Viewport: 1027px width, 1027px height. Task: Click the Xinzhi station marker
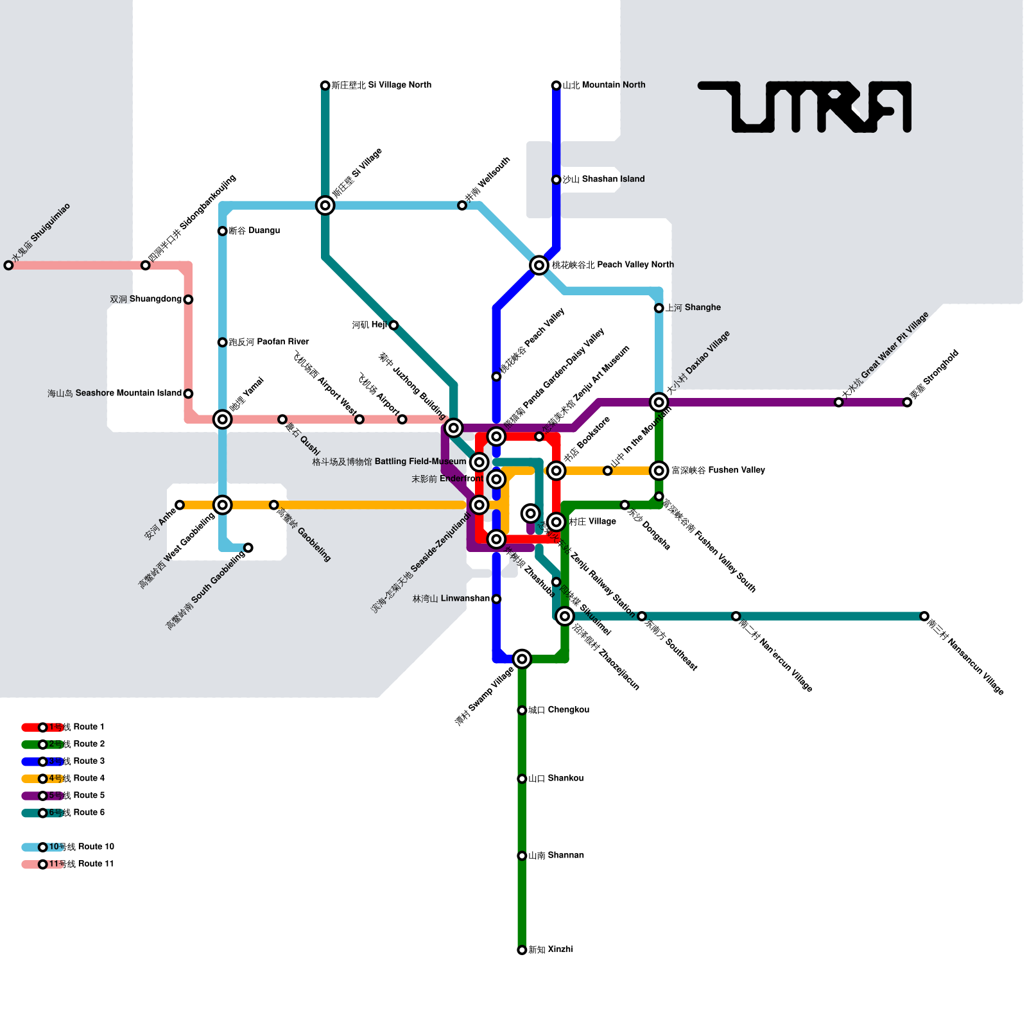(522, 950)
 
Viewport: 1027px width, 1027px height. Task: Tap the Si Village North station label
(381, 85)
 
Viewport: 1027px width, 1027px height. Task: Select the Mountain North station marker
(557, 85)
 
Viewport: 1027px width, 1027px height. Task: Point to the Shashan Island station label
(603, 179)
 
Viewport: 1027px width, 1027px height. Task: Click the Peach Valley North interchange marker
(539, 265)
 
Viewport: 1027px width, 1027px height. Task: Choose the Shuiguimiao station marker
(8, 265)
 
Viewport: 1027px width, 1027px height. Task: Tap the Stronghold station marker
(907, 402)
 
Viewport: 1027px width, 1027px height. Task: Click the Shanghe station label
(693, 307)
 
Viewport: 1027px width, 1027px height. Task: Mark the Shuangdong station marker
(188, 300)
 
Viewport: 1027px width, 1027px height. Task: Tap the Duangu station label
(254, 230)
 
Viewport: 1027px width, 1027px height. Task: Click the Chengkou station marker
(522, 711)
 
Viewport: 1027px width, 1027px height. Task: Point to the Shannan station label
(556, 855)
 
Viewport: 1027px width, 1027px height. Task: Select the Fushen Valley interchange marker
(659, 470)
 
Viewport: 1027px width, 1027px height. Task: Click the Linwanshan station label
(451, 599)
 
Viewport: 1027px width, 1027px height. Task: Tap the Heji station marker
(393, 325)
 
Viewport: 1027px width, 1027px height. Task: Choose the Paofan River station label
(269, 342)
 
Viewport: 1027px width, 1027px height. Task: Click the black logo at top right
(805, 107)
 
